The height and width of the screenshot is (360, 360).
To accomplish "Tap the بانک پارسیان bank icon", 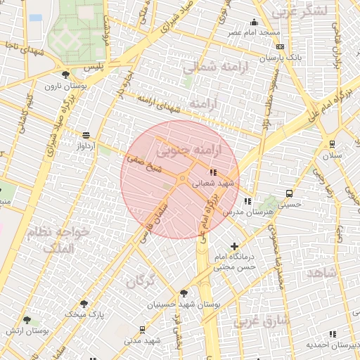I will click(x=280, y=47).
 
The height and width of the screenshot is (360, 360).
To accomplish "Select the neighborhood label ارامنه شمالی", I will click(x=210, y=67).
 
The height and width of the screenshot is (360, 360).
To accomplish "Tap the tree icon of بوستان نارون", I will click(x=65, y=75).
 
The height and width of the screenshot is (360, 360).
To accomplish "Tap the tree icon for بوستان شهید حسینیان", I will click(x=184, y=293).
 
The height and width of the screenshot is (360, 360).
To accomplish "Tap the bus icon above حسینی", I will click(x=289, y=193).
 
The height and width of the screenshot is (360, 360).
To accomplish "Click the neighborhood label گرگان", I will click(x=140, y=282).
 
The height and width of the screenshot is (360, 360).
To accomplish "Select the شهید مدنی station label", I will click(x=143, y=340).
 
